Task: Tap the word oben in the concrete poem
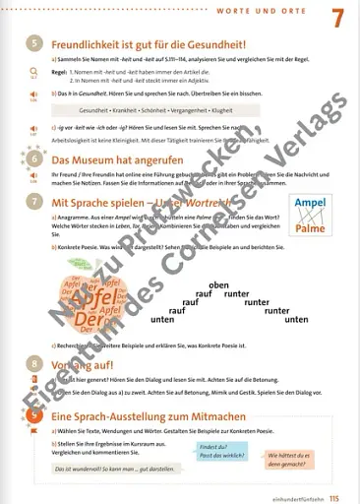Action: click(218, 284)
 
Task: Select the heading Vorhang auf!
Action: click(84, 390)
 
